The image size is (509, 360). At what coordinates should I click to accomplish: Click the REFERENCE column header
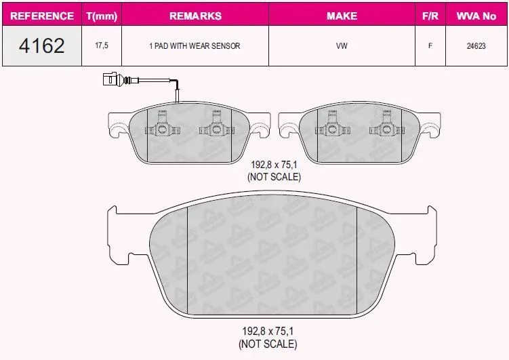click(42, 16)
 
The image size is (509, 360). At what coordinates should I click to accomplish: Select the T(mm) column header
click(102, 16)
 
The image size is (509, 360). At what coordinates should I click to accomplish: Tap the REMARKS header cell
click(195, 16)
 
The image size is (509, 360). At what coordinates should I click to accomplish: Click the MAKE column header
click(342, 16)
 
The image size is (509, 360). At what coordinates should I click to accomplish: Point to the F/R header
click(430, 16)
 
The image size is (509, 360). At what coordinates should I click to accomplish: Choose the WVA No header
click(476, 16)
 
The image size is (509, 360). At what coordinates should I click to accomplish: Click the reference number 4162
click(42, 45)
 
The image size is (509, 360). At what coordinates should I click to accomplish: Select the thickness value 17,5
click(102, 45)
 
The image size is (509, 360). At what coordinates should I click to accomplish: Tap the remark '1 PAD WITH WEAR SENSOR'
click(195, 46)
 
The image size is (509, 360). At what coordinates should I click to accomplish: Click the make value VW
click(342, 46)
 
